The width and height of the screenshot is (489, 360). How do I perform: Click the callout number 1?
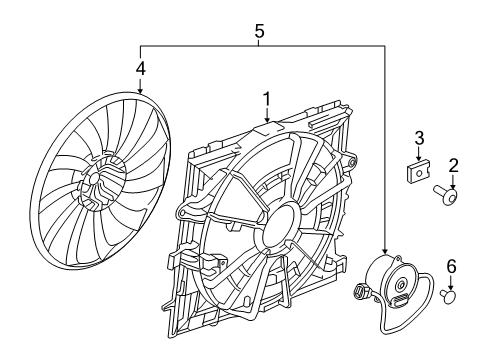[x=266, y=99]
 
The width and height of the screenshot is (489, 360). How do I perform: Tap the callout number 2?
[x=453, y=165]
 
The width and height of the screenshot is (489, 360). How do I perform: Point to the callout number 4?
[x=140, y=69]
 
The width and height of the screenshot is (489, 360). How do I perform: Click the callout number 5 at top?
[x=260, y=31]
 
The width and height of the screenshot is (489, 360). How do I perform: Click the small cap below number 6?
[x=450, y=296]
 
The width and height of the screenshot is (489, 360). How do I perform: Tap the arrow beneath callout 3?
[x=420, y=155]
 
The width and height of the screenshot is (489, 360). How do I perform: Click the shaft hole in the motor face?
[x=400, y=290]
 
